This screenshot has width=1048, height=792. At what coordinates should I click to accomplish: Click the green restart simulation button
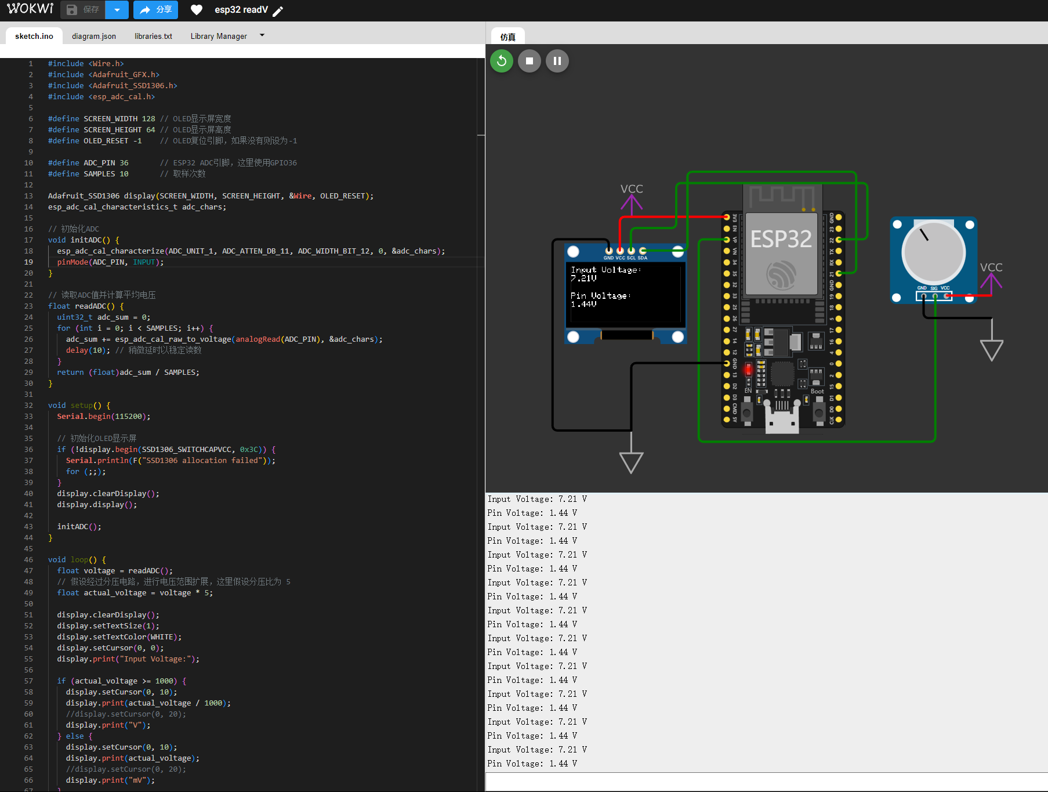pos(502,61)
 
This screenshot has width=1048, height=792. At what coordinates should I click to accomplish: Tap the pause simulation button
pos(557,61)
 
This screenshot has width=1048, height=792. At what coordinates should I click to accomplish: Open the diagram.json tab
pos(94,36)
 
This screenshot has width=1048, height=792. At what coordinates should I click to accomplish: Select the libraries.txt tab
pos(153,36)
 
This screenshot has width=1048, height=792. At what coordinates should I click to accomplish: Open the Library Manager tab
pos(219,36)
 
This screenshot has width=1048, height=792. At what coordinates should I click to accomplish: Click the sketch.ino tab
pos(34,36)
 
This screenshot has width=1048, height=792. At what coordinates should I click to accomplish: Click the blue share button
pos(155,10)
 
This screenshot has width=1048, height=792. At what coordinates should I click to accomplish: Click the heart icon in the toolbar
pos(197,10)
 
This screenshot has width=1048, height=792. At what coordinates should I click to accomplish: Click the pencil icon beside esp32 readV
pos(278,11)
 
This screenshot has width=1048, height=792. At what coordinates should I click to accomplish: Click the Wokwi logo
pos(30,9)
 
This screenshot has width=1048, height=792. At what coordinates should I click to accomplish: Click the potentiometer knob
pos(933,252)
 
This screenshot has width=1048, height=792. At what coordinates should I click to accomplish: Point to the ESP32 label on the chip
pos(781,239)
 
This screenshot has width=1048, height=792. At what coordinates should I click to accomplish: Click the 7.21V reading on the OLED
pos(583,279)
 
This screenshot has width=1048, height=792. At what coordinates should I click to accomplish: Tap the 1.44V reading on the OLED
pos(583,304)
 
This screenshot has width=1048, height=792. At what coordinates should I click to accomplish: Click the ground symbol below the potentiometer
pos(991,350)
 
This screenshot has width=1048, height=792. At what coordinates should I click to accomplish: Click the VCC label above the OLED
pos(632,189)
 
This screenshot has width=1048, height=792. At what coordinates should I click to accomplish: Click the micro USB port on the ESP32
pos(782,419)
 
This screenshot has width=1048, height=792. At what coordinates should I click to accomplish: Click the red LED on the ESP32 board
pos(748,369)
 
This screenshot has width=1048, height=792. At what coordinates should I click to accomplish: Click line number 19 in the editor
pos(28,262)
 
